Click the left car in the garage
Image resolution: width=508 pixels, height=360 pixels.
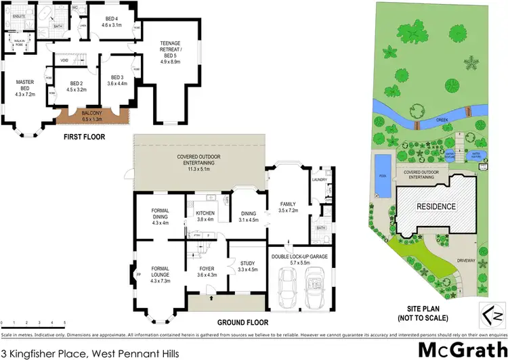tap(287, 285)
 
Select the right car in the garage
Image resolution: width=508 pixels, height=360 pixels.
tap(316, 285)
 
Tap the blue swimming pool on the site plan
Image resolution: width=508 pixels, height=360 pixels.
tap(381, 177)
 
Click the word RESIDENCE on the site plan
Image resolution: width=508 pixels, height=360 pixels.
tap(436, 206)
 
